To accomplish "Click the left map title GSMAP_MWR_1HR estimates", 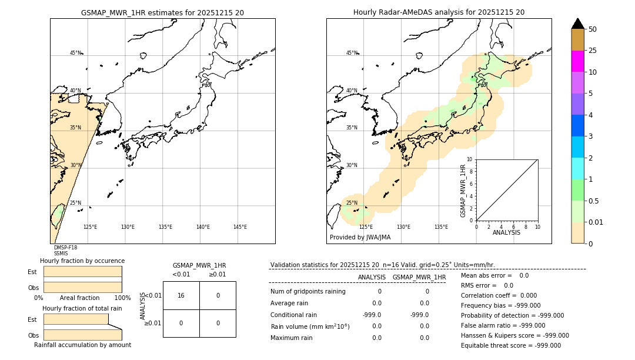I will [162, 12].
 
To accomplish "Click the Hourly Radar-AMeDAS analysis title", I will [439, 12].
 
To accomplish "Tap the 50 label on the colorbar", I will [593, 29].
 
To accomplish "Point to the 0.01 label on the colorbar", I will [596, 222].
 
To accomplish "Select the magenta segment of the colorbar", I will [578, 61].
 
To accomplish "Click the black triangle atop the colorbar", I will [578, 24].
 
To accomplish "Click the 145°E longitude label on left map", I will [240, 227].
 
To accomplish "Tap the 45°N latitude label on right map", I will [352, 53].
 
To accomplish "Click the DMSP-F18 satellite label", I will [65, 248].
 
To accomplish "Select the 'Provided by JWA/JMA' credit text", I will [360, 238].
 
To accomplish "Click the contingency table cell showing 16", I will [181, 295].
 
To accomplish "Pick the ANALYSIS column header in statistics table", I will [372, 277].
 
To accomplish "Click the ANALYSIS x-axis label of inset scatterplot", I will [506, 232].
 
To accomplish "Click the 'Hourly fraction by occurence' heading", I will [82, 261].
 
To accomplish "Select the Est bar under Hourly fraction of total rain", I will [76, 319].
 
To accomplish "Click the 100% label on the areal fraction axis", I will [122, 298].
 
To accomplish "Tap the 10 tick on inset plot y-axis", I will [470, 159].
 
